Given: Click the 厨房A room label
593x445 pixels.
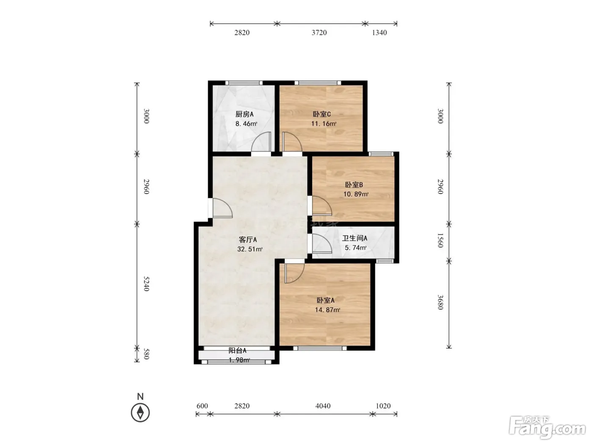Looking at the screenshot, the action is click(x=244, y=114).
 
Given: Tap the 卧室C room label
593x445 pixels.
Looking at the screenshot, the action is click(x=321, y=114).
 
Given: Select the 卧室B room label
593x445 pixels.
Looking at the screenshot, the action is click(x=354, y=185).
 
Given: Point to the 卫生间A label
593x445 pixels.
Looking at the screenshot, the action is click(x=355, y=238).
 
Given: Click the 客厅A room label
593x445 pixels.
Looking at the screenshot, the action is click(x=248, y=239).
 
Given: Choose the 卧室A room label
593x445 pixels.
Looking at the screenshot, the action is click(x=326, y=300).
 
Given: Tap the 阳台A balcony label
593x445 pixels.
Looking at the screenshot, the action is click(x=238, y=350).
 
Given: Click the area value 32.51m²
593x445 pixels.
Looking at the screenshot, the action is click(x=249, y=249).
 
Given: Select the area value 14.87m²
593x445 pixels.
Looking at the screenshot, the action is click(x=327, y=310).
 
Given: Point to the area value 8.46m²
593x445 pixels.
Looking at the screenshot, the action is click(x=246, y=124).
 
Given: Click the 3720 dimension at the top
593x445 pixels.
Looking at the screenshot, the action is click(x=319, y=33).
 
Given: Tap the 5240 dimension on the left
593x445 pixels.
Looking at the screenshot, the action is click(x=146, y=284).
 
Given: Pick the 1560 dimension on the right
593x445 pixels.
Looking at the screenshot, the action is click(x=441, y=240).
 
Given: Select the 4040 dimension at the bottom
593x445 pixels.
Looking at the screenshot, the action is click(x=323, y=406).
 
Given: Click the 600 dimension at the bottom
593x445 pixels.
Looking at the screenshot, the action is click(x=202, y=406).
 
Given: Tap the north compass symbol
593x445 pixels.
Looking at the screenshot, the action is click(x=140, y=412).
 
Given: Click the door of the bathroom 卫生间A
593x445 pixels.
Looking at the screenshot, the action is click(x=322, y=243).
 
